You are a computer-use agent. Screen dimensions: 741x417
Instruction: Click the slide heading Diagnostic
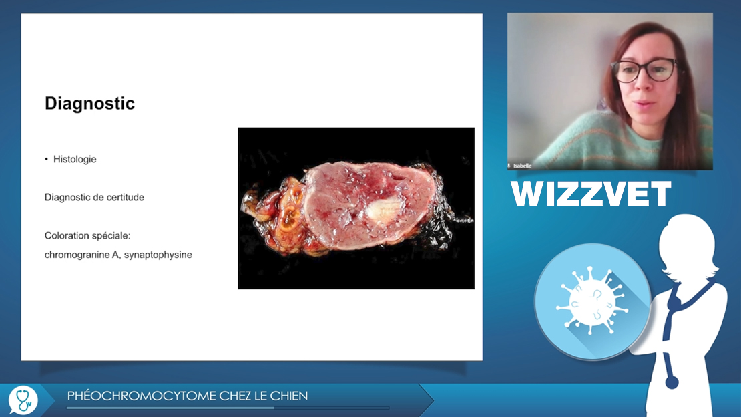90,103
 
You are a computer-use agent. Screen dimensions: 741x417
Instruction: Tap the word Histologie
75,160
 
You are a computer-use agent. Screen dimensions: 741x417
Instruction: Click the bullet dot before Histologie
46,160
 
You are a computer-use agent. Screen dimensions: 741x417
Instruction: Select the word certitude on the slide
126,197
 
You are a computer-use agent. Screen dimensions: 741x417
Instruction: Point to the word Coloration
65,235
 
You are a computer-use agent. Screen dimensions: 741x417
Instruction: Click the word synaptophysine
158,255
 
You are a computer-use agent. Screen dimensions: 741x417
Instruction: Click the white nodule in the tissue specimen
384,210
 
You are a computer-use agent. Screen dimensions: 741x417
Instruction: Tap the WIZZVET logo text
591,194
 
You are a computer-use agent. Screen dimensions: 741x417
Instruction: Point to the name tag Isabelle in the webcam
522,166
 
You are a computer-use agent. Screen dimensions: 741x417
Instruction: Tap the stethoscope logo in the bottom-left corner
23,400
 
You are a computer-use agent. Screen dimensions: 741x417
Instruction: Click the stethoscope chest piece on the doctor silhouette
672,381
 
